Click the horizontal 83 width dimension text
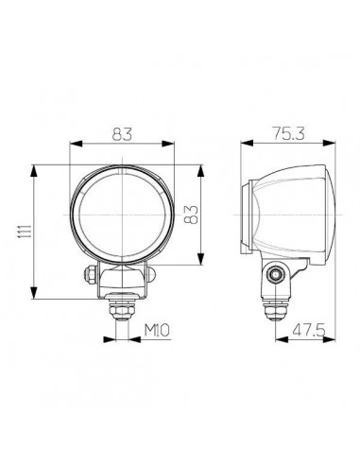[123, 133]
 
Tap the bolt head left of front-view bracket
[88, 275]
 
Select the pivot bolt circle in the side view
[276, 275]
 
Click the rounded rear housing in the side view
[307, 213]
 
